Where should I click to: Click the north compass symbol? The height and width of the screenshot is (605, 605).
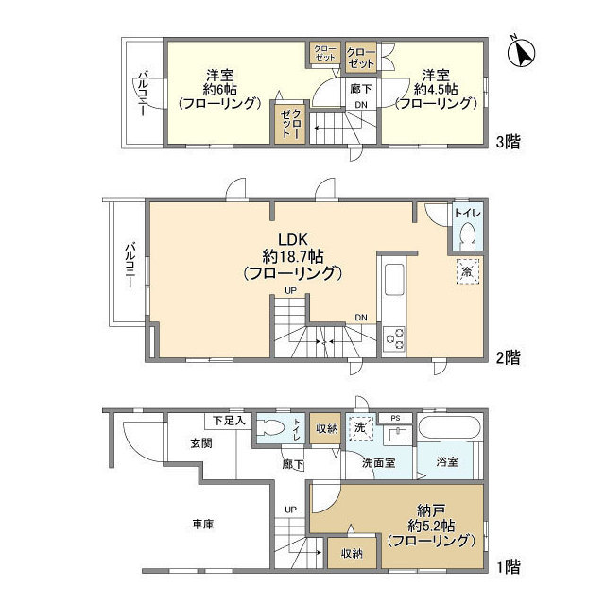[x=521, y=53]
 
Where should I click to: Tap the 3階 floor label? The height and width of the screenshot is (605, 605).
[x=509, y=142]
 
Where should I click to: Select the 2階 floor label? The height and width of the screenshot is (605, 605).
[x=509, y=357]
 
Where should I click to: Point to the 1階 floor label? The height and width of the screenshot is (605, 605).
[x=509, y=567]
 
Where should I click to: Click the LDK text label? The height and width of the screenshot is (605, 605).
[x=293, y=239]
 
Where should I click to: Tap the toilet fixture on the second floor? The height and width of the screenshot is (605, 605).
[x=468, y=235]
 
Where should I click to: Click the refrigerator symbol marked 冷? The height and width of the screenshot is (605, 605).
[x=468, y=270]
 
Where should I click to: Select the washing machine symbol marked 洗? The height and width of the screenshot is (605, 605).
[x=361, y=427]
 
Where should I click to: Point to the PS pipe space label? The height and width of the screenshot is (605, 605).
[x=395, y=418]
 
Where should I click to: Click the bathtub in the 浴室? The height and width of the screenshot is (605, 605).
[x=450, y=427]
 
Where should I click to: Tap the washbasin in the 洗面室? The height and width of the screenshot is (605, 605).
[x=398, y=435]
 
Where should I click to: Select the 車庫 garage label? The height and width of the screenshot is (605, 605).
[x=202, y=525]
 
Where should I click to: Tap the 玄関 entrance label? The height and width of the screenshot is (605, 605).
[x=201, y=443]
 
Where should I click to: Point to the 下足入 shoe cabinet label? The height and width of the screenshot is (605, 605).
[x=230, y=420]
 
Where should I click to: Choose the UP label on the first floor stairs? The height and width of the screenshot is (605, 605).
[x=290, y=510]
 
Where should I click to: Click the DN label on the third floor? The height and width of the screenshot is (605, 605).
[x=361, y=105]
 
